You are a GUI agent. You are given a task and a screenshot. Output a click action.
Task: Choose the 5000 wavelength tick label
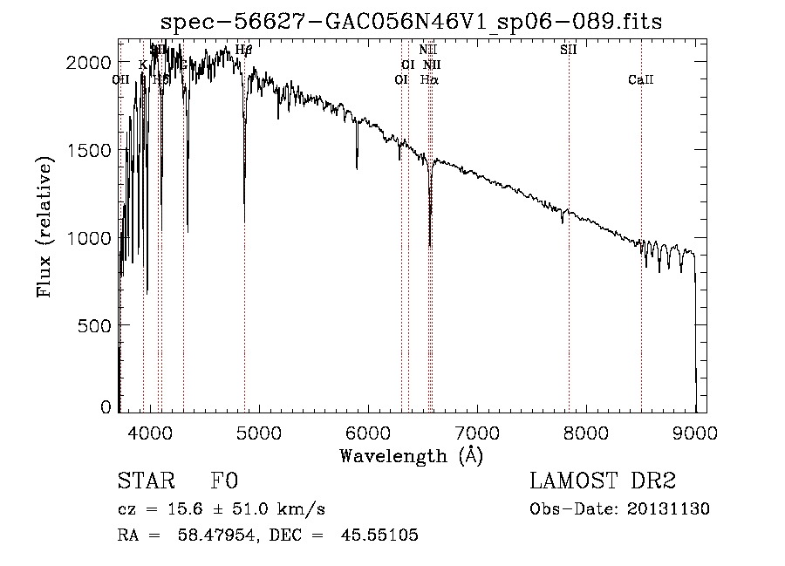[259, 430]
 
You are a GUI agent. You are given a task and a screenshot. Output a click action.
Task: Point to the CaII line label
[641, 80]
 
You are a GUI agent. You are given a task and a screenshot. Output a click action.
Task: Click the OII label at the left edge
[121, 80]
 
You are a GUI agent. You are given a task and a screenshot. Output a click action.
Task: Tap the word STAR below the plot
[143, 482]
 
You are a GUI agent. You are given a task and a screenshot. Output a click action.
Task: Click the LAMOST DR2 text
[603, 482]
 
